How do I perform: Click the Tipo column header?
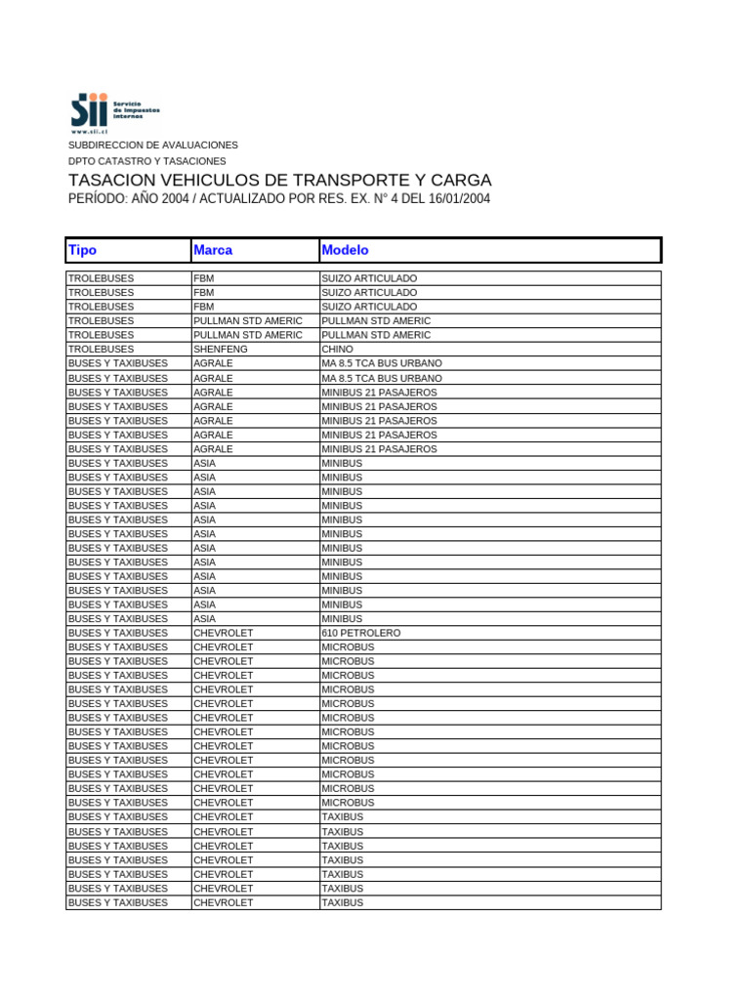coord(82,251)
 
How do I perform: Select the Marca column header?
coord(213,251)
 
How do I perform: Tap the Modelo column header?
coord(345,251)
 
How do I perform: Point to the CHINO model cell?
coord(338,349)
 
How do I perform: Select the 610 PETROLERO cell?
coord(360,633)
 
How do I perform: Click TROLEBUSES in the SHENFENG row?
coord(102,349)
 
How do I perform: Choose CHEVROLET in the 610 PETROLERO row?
coord(224,633)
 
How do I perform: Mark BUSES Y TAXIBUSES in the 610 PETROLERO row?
coord(118,633)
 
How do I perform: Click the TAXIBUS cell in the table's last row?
coord(342,902)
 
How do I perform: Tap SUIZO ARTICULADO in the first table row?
coord(369,278)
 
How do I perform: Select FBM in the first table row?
coord(204,278)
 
